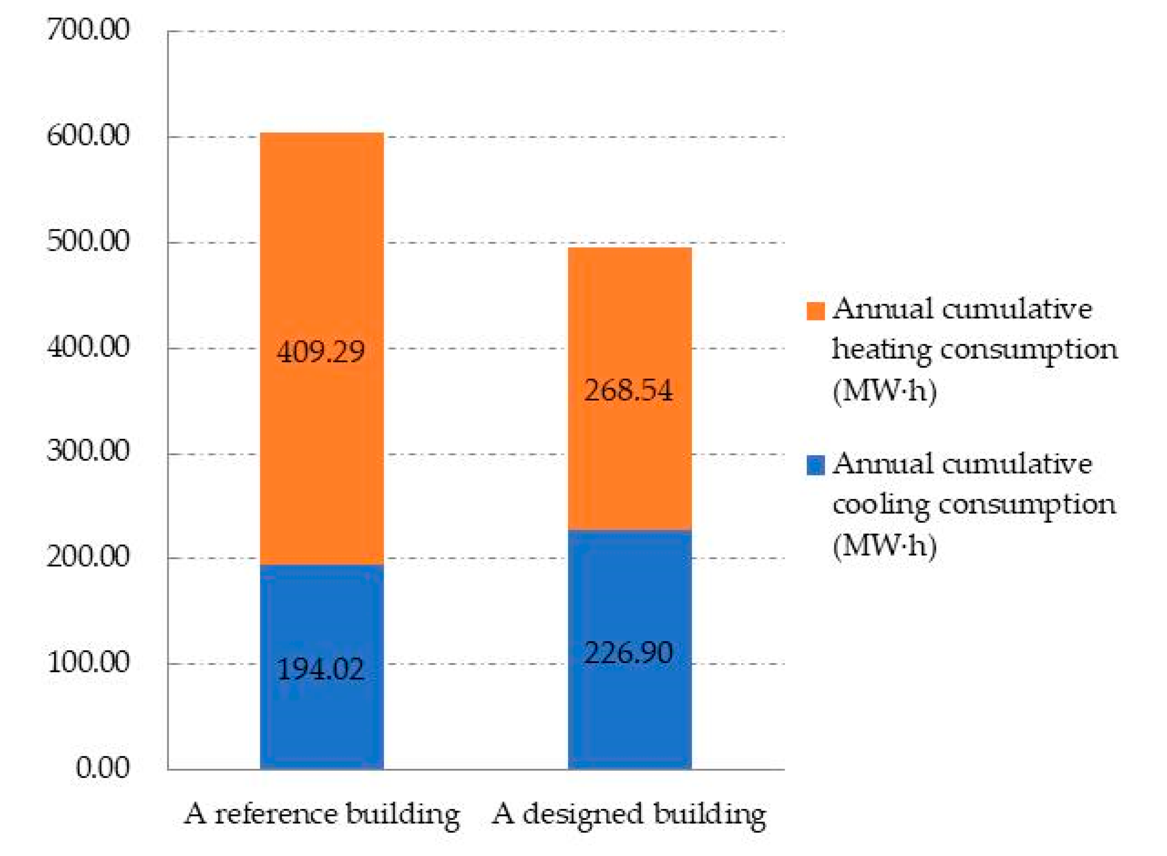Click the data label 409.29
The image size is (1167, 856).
321,352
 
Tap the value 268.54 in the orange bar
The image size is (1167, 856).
628,391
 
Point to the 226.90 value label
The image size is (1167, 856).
628,653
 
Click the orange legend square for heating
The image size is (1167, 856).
815,311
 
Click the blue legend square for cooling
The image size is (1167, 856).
815,465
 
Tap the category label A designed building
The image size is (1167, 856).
628,814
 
